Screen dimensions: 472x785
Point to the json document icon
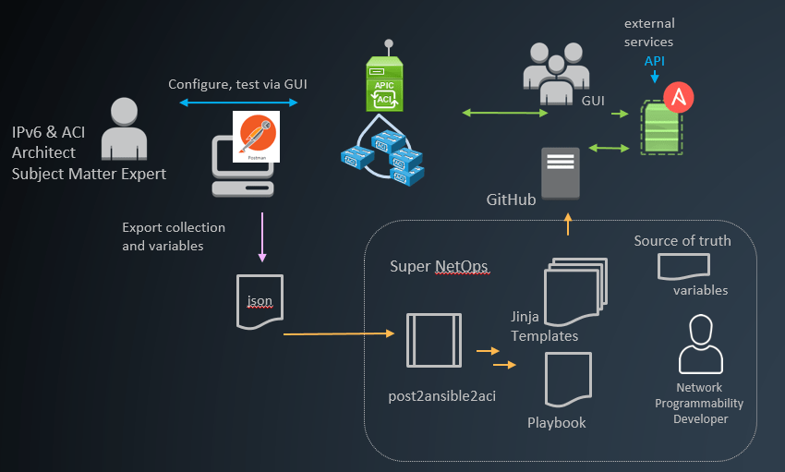(259, 301)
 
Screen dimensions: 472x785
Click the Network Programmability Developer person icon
(700, 345)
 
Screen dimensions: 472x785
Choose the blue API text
(655, 61)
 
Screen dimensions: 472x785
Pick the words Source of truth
(682, 241)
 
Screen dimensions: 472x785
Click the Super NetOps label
(439, 267)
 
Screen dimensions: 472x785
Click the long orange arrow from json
(332, 333)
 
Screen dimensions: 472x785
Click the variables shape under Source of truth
(682, 267)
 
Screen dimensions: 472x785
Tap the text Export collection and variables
(174, 236)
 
